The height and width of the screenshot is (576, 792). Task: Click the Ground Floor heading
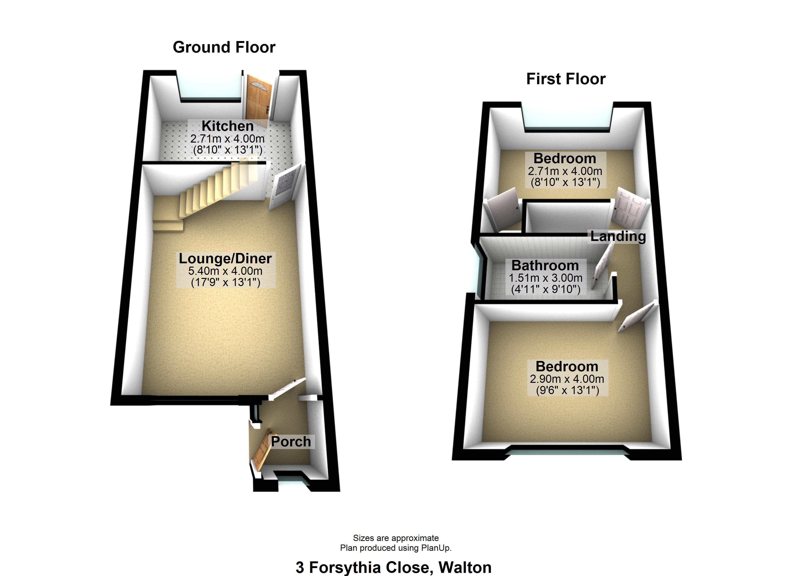coord(224,47)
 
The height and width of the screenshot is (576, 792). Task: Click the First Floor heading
coord(566,79)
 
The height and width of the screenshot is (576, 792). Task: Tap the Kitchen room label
coord(227,126)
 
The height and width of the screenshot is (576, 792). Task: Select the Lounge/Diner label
coord(225,258)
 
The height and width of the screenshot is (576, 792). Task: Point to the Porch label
coord(291,442)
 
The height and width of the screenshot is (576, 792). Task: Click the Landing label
coord(618,236)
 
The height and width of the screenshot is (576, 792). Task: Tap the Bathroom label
coord(545,265)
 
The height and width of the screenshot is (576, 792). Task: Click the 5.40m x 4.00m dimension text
coord(225,271)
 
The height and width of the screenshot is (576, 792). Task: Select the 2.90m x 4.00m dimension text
coord(567,379)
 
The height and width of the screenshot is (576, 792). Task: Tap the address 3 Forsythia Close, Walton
coord(394,567)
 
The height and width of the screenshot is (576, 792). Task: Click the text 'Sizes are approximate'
coord(396,538)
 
